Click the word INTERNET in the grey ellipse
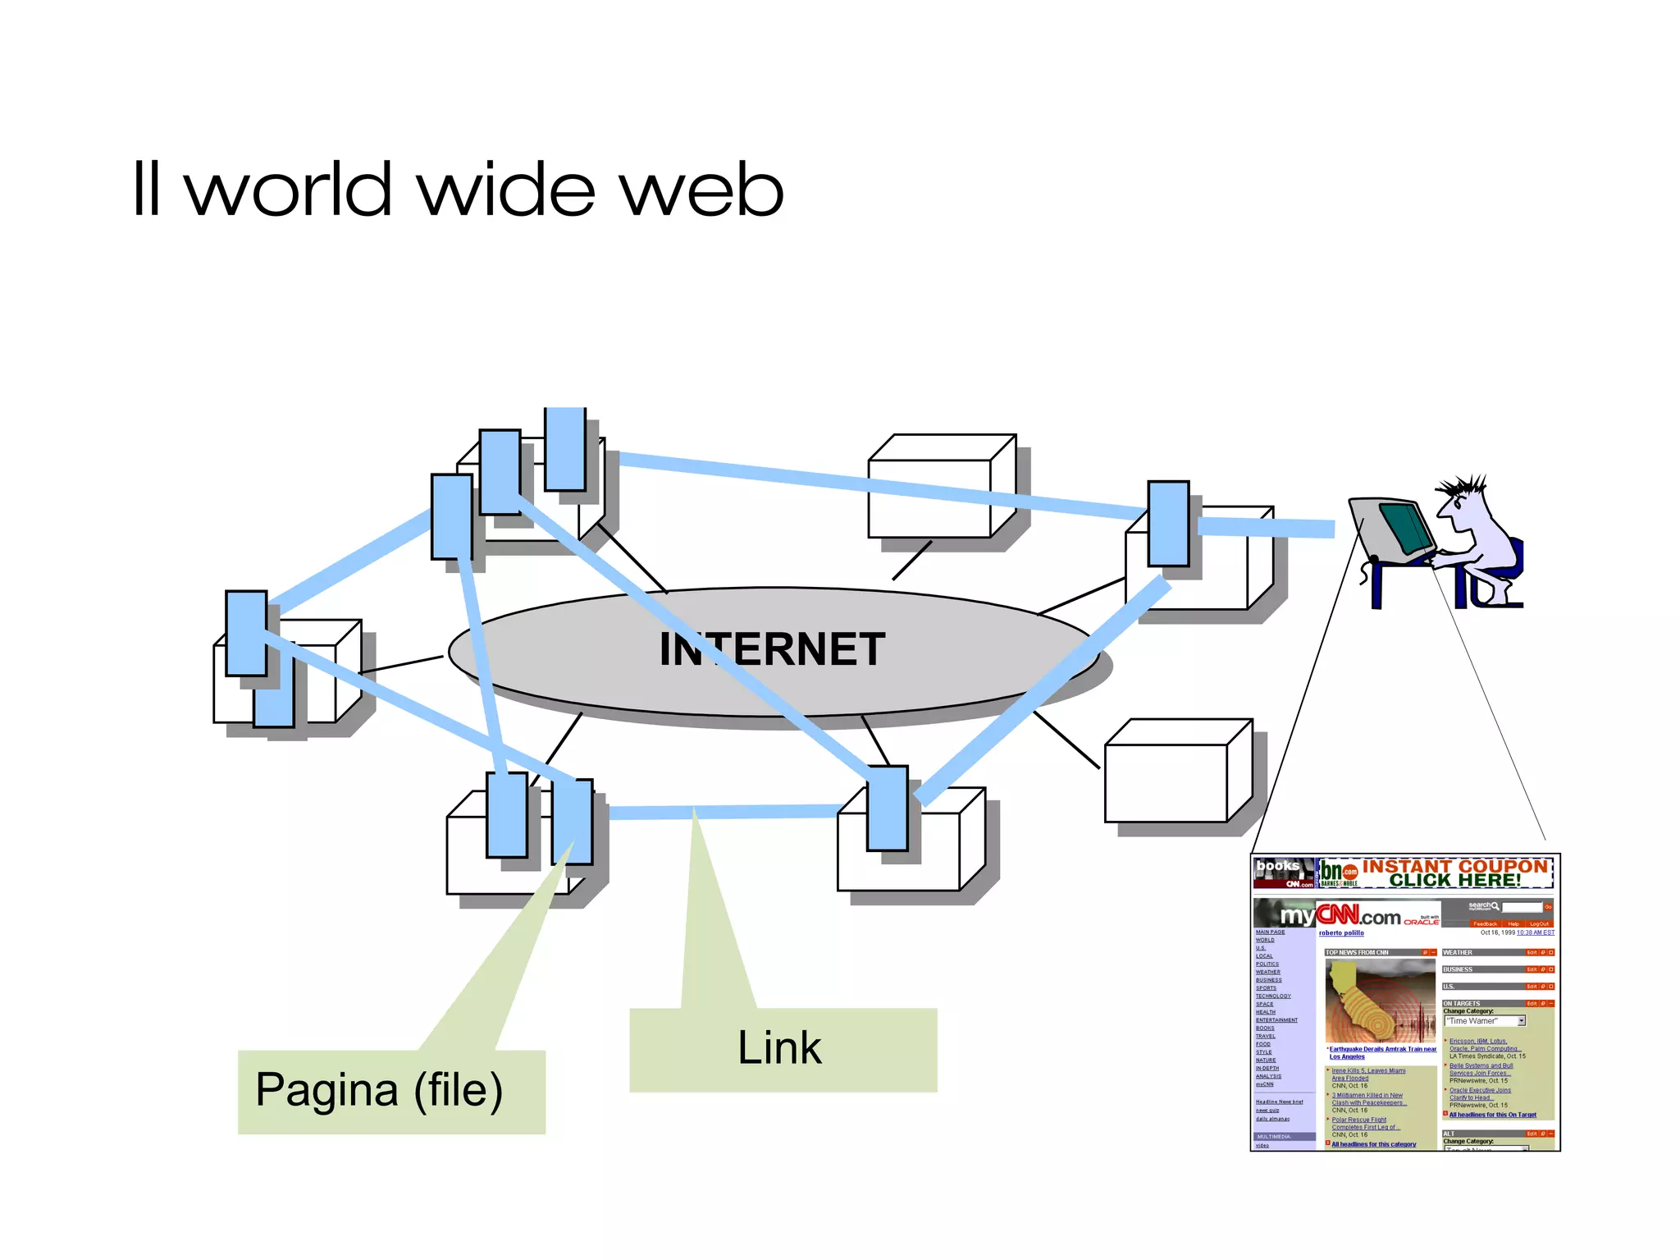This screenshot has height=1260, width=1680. pyautogui.click(x=772, y=649)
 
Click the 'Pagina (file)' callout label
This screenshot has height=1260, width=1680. pyautogui.click(x=379, y=1090)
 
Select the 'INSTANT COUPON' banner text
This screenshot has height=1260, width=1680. pyautogui.click(x=1454, y=867)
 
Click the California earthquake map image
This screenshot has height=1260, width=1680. pyautogui.click(x=1380, y=1001)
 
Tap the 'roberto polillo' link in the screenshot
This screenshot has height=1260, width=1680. pyautogui.click(x=1341, y=933)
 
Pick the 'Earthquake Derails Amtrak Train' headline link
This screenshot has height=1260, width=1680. pyautogui.click(x=1381, y=1050)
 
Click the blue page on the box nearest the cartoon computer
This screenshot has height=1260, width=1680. pyautogui.click(x=1168, y=524)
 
